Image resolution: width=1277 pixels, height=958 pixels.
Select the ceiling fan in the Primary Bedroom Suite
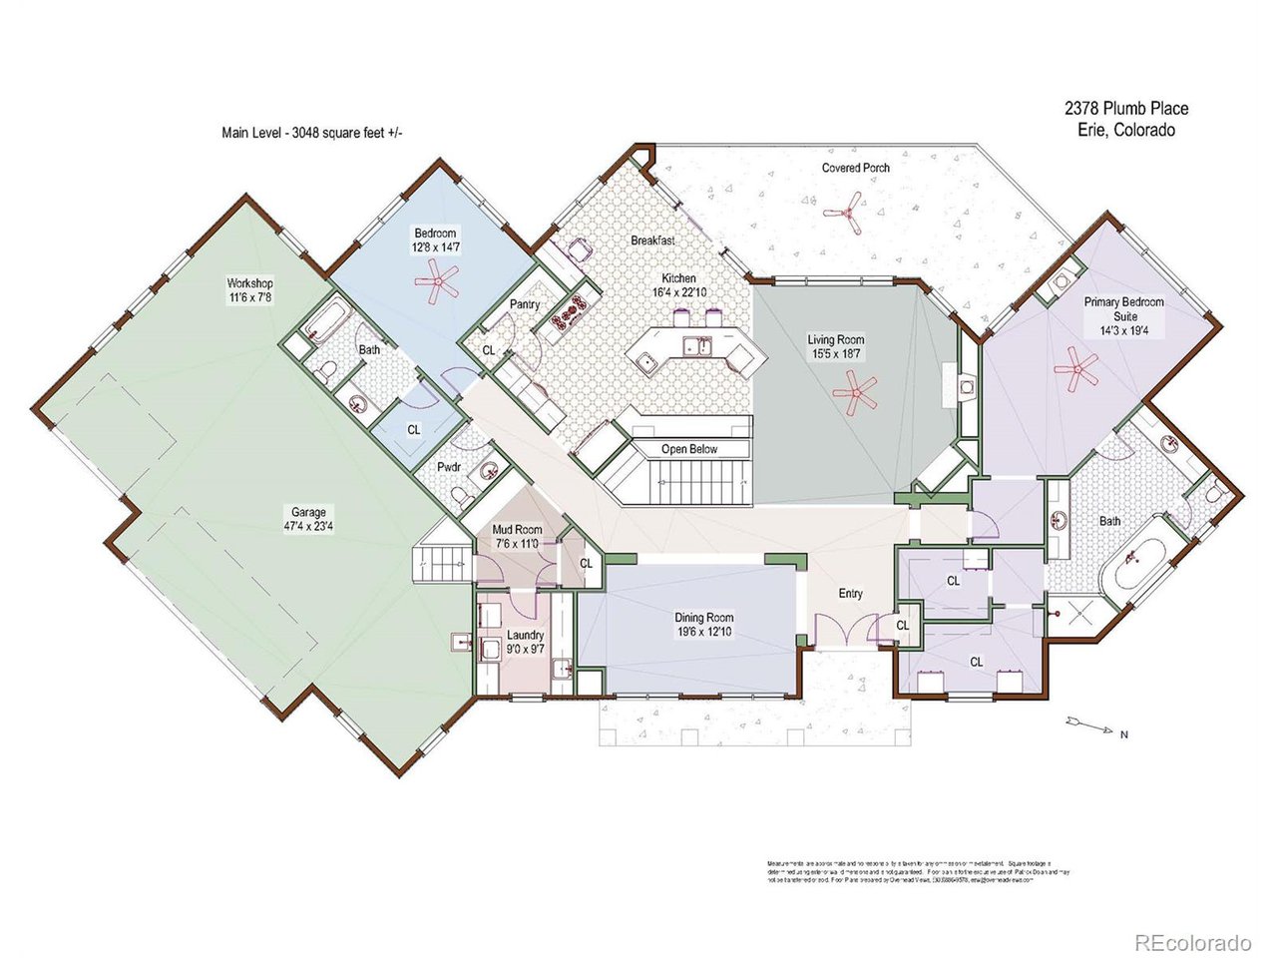pyautogui.click(x=1075, y=368)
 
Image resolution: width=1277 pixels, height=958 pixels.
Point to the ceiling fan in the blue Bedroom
pyautogui.click(x=436, y=283)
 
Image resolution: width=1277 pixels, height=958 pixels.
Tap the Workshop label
pyautogui.click(x=249, y=283)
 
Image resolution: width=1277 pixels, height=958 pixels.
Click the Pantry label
pyautogui.click(x=525, y=303)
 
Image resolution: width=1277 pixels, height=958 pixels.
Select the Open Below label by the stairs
pyautogui.click(x=689, y=449)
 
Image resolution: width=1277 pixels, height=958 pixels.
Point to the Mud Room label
pyautogui.click(x=517, y=530)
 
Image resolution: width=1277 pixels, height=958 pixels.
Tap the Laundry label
pyautogui.click(x=525, y=635)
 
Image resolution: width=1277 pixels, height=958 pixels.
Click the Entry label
pyautogui.click(x=850, y=594)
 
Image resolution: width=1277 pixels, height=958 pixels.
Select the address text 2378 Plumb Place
pyautogui.click(x=1126, y=109)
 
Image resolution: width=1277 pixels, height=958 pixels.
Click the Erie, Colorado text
pyautogui.click(x=1126, y=130)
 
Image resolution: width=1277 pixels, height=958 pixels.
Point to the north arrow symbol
pyautogui.click(x=1089, y=721)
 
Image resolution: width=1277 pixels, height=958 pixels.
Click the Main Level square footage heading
pyautogui.click(x=312, y=132)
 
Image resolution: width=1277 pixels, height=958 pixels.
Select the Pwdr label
pyautogui.click(x=448, y=467)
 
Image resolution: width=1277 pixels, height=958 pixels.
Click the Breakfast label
pyautogui.click(x=652, y=240)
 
